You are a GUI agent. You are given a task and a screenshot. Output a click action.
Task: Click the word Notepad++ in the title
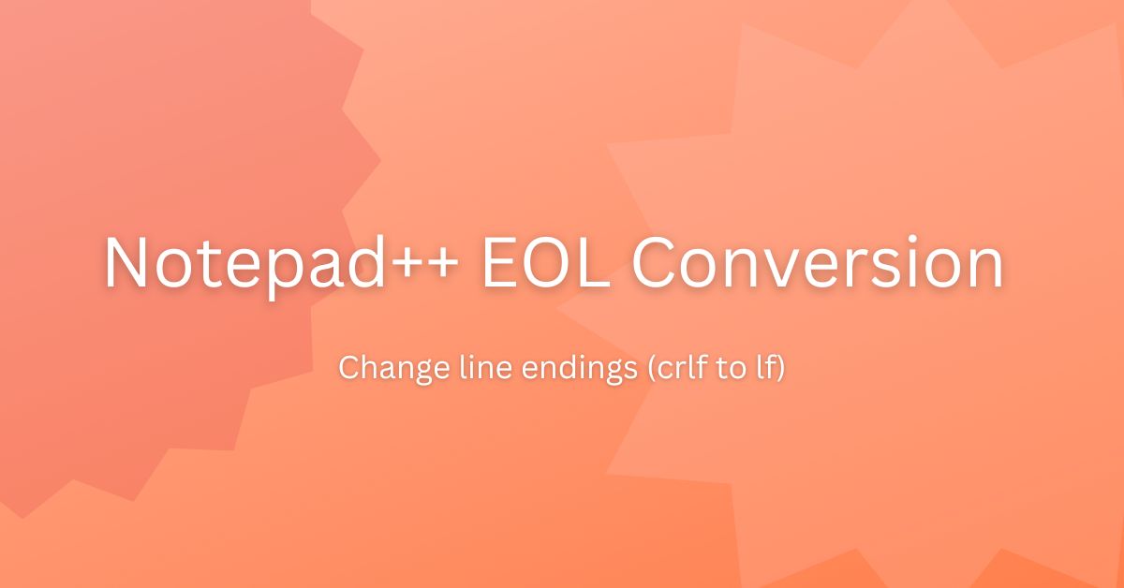point(281,263)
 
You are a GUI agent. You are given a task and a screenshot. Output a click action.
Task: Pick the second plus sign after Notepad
point(446,266)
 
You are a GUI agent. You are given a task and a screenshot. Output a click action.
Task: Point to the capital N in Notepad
point(126,263)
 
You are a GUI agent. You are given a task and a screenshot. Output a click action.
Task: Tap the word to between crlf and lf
point(706,368)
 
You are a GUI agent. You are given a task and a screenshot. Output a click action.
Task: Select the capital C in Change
point(347,368)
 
